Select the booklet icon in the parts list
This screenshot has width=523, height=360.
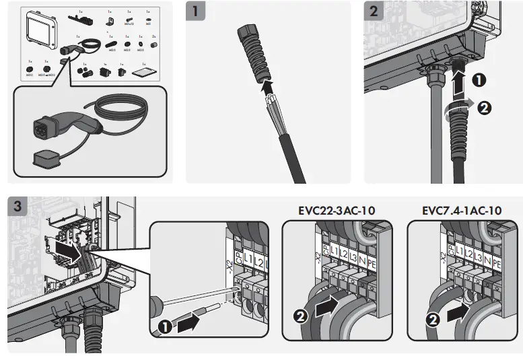point(141,71)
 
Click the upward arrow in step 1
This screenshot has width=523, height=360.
point(268,86)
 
